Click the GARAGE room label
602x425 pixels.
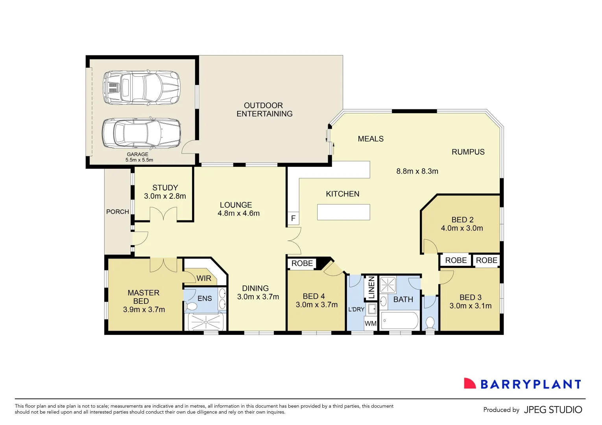tap(137, 154)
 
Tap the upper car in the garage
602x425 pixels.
tap(141, 87)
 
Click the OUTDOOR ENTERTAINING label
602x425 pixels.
tap(264, 110)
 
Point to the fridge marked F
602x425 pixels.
tap(293, 218)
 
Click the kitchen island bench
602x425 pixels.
tap(343, 212)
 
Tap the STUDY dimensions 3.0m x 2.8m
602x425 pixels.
tap(165, 196)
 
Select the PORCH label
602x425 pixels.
tap(117, 212)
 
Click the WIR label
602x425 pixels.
tap(204, 278)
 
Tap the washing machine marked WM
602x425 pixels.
tap(370, 323)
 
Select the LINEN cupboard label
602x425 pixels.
tap(371, 287)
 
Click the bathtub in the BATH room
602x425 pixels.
tap(399, 321)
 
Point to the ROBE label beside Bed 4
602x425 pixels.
tap(302, 263)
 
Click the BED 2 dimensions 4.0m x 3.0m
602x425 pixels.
tap(462, 228)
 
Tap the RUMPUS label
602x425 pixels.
tap(468, 152)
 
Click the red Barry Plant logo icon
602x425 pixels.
tap(469, 384)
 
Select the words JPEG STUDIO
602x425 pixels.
tap(553, 410)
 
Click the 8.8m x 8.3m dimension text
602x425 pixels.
tap(417, 171)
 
